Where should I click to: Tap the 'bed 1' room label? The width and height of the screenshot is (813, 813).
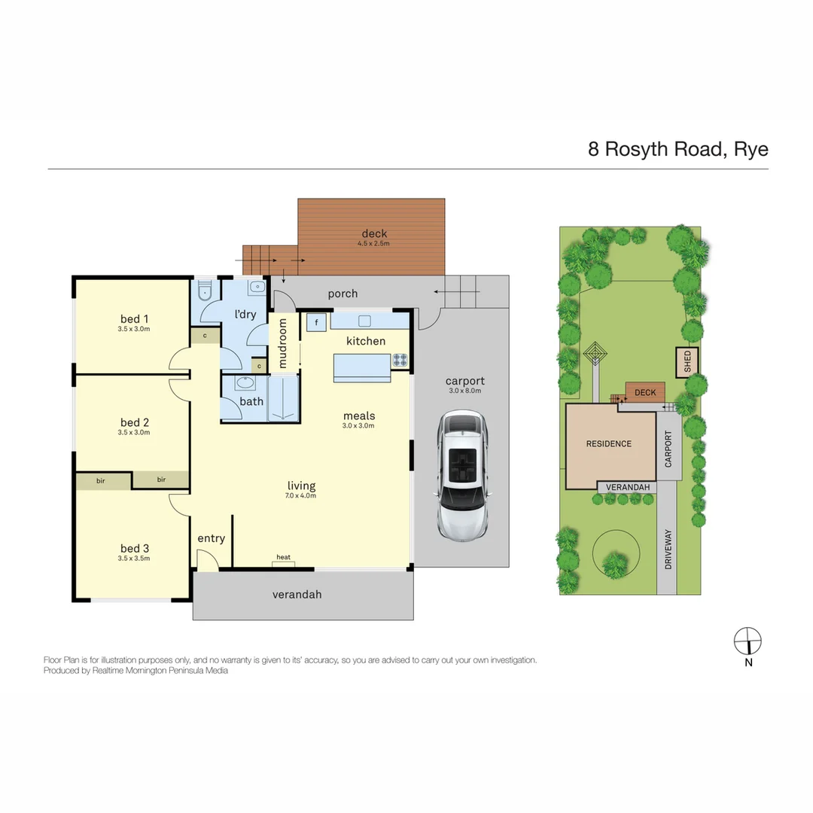(135, 318)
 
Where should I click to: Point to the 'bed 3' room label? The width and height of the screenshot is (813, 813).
(135, 548)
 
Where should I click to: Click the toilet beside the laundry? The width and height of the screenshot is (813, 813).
(205, 292)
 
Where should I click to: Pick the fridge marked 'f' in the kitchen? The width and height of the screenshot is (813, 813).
(316, 322)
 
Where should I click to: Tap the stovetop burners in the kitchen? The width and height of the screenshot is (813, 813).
(400, 361)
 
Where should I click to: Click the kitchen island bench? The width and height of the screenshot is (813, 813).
(362, 368)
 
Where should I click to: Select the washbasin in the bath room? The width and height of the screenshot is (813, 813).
(245, 382)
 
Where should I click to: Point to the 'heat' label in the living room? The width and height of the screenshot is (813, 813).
(283, 557)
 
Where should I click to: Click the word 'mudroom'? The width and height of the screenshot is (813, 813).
(283, 343)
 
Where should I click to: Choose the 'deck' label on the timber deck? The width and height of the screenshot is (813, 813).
(374, 233)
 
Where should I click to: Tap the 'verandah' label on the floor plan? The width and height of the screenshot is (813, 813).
(297, 594)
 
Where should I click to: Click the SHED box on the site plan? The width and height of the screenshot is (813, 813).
(687, 363)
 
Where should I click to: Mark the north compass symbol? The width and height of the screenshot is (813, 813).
(748, 641)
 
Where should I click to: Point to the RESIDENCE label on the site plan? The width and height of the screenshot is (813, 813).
(609, 443)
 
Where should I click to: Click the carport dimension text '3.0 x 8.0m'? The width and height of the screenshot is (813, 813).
(464, 391)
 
